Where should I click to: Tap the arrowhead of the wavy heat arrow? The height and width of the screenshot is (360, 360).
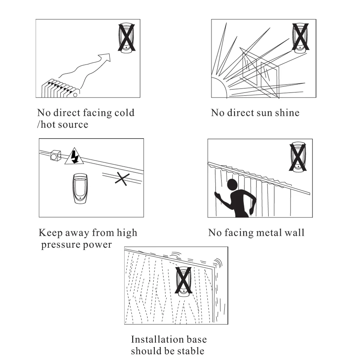click(105, 58)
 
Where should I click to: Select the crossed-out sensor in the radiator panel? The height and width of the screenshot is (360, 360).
click(126, 38)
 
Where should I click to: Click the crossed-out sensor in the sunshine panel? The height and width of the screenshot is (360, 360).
click(300, 38)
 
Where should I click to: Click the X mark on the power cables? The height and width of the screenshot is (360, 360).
click(122, 178)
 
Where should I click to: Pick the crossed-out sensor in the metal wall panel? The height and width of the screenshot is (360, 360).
click(298, 157)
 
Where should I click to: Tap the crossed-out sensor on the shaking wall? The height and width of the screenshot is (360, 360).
click(183, 281)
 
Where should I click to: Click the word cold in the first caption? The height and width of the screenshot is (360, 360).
click(124, 113)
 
